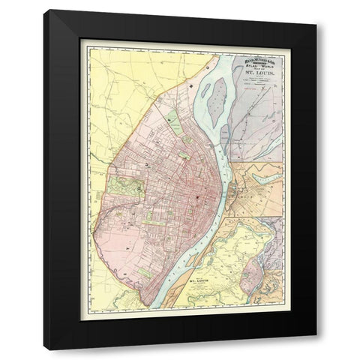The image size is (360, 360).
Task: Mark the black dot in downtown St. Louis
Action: coord(198,196)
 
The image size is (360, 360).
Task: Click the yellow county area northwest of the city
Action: coord(120,82)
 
